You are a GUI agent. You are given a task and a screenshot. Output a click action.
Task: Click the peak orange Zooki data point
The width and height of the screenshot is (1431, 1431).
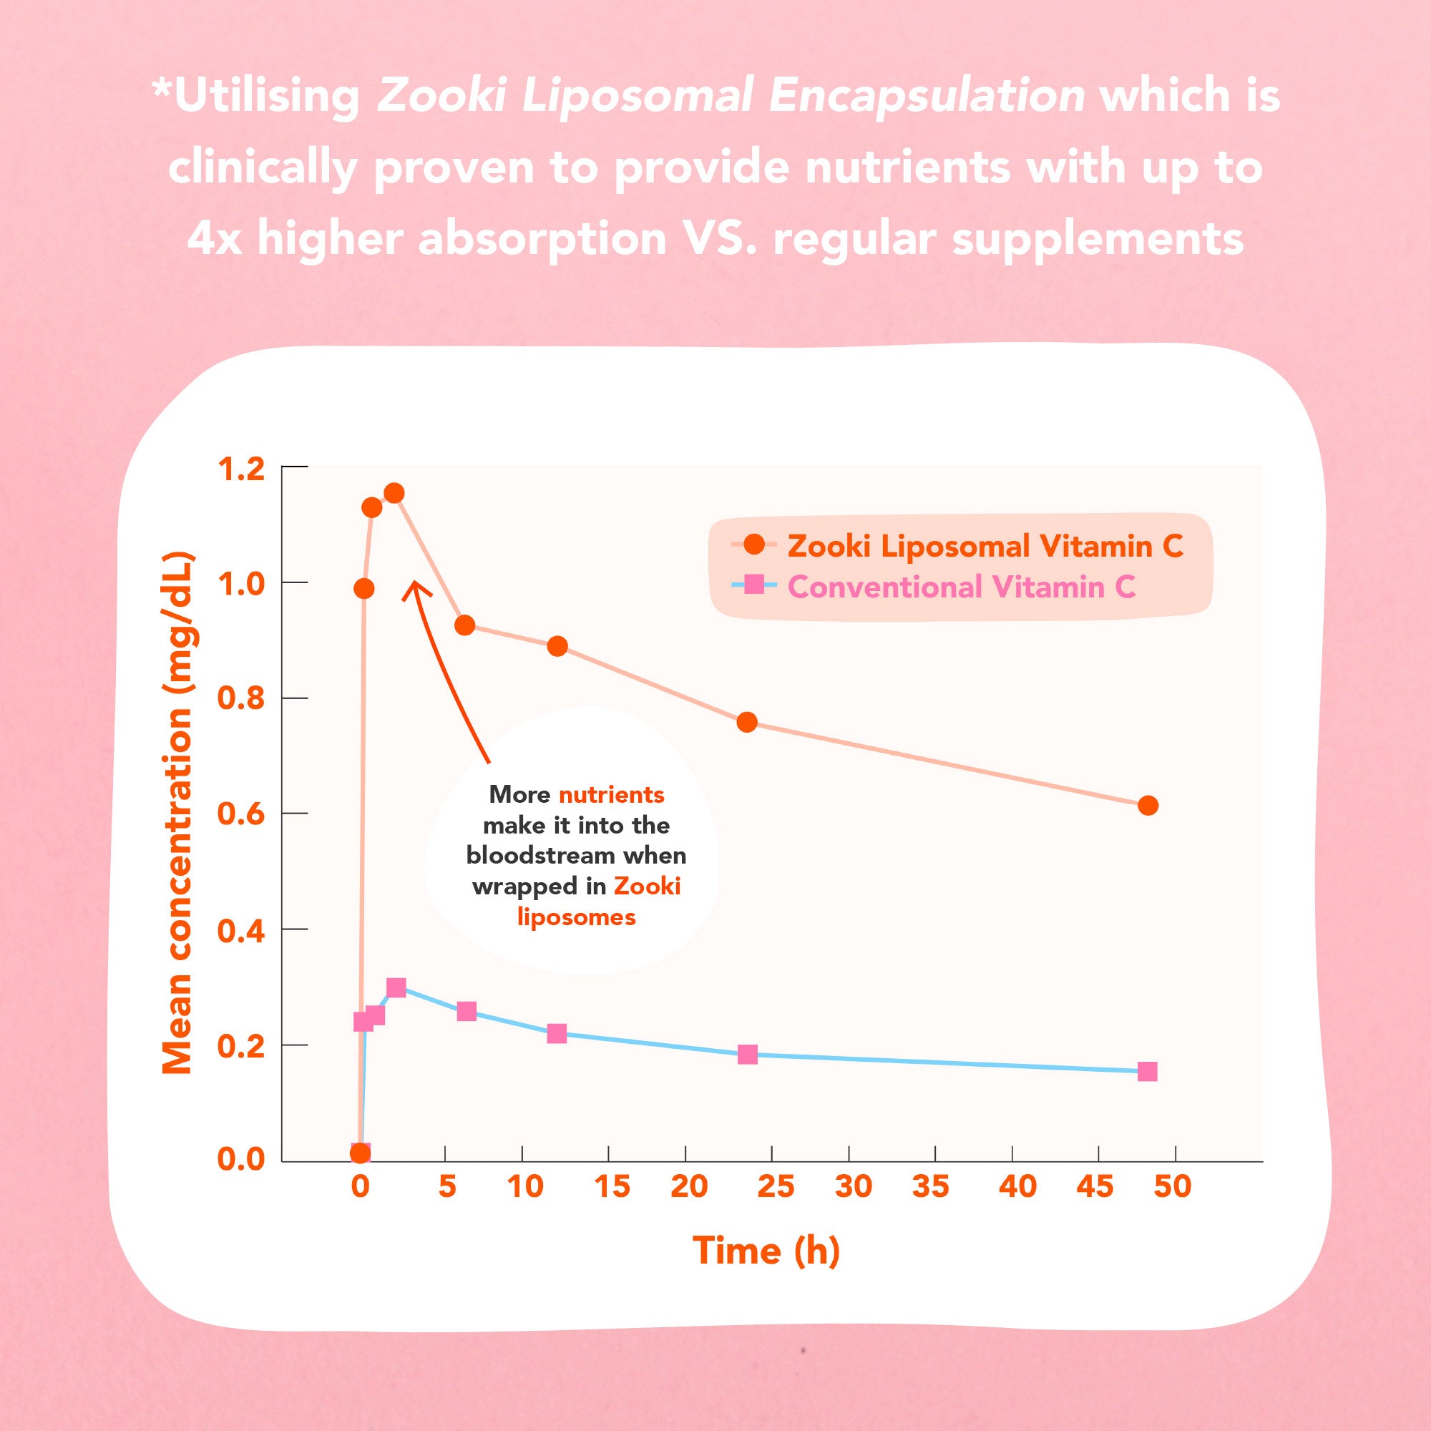click(x=395, y=493)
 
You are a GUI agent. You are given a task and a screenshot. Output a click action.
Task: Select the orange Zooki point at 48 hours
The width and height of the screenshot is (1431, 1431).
click(x=1148, y=806)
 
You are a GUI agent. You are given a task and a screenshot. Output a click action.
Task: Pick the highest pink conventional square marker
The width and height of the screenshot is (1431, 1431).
click(x=396, y=987)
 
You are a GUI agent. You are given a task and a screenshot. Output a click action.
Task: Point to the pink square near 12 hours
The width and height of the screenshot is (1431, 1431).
click(x=557, y=1033)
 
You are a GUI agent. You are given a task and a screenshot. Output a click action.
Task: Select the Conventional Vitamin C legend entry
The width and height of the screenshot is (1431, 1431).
click(x=961, y=587)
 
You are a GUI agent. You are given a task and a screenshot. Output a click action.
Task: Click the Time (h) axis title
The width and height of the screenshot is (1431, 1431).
click(x=766, y=1251)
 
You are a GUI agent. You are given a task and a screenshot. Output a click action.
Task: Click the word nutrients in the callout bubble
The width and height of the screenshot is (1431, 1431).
click(x=611, y=796)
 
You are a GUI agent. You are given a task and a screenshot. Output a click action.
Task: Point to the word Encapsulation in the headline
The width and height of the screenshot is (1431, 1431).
click(x=927, y=97)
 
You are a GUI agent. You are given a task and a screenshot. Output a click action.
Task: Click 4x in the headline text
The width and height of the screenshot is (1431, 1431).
click(x=214, y=238)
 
